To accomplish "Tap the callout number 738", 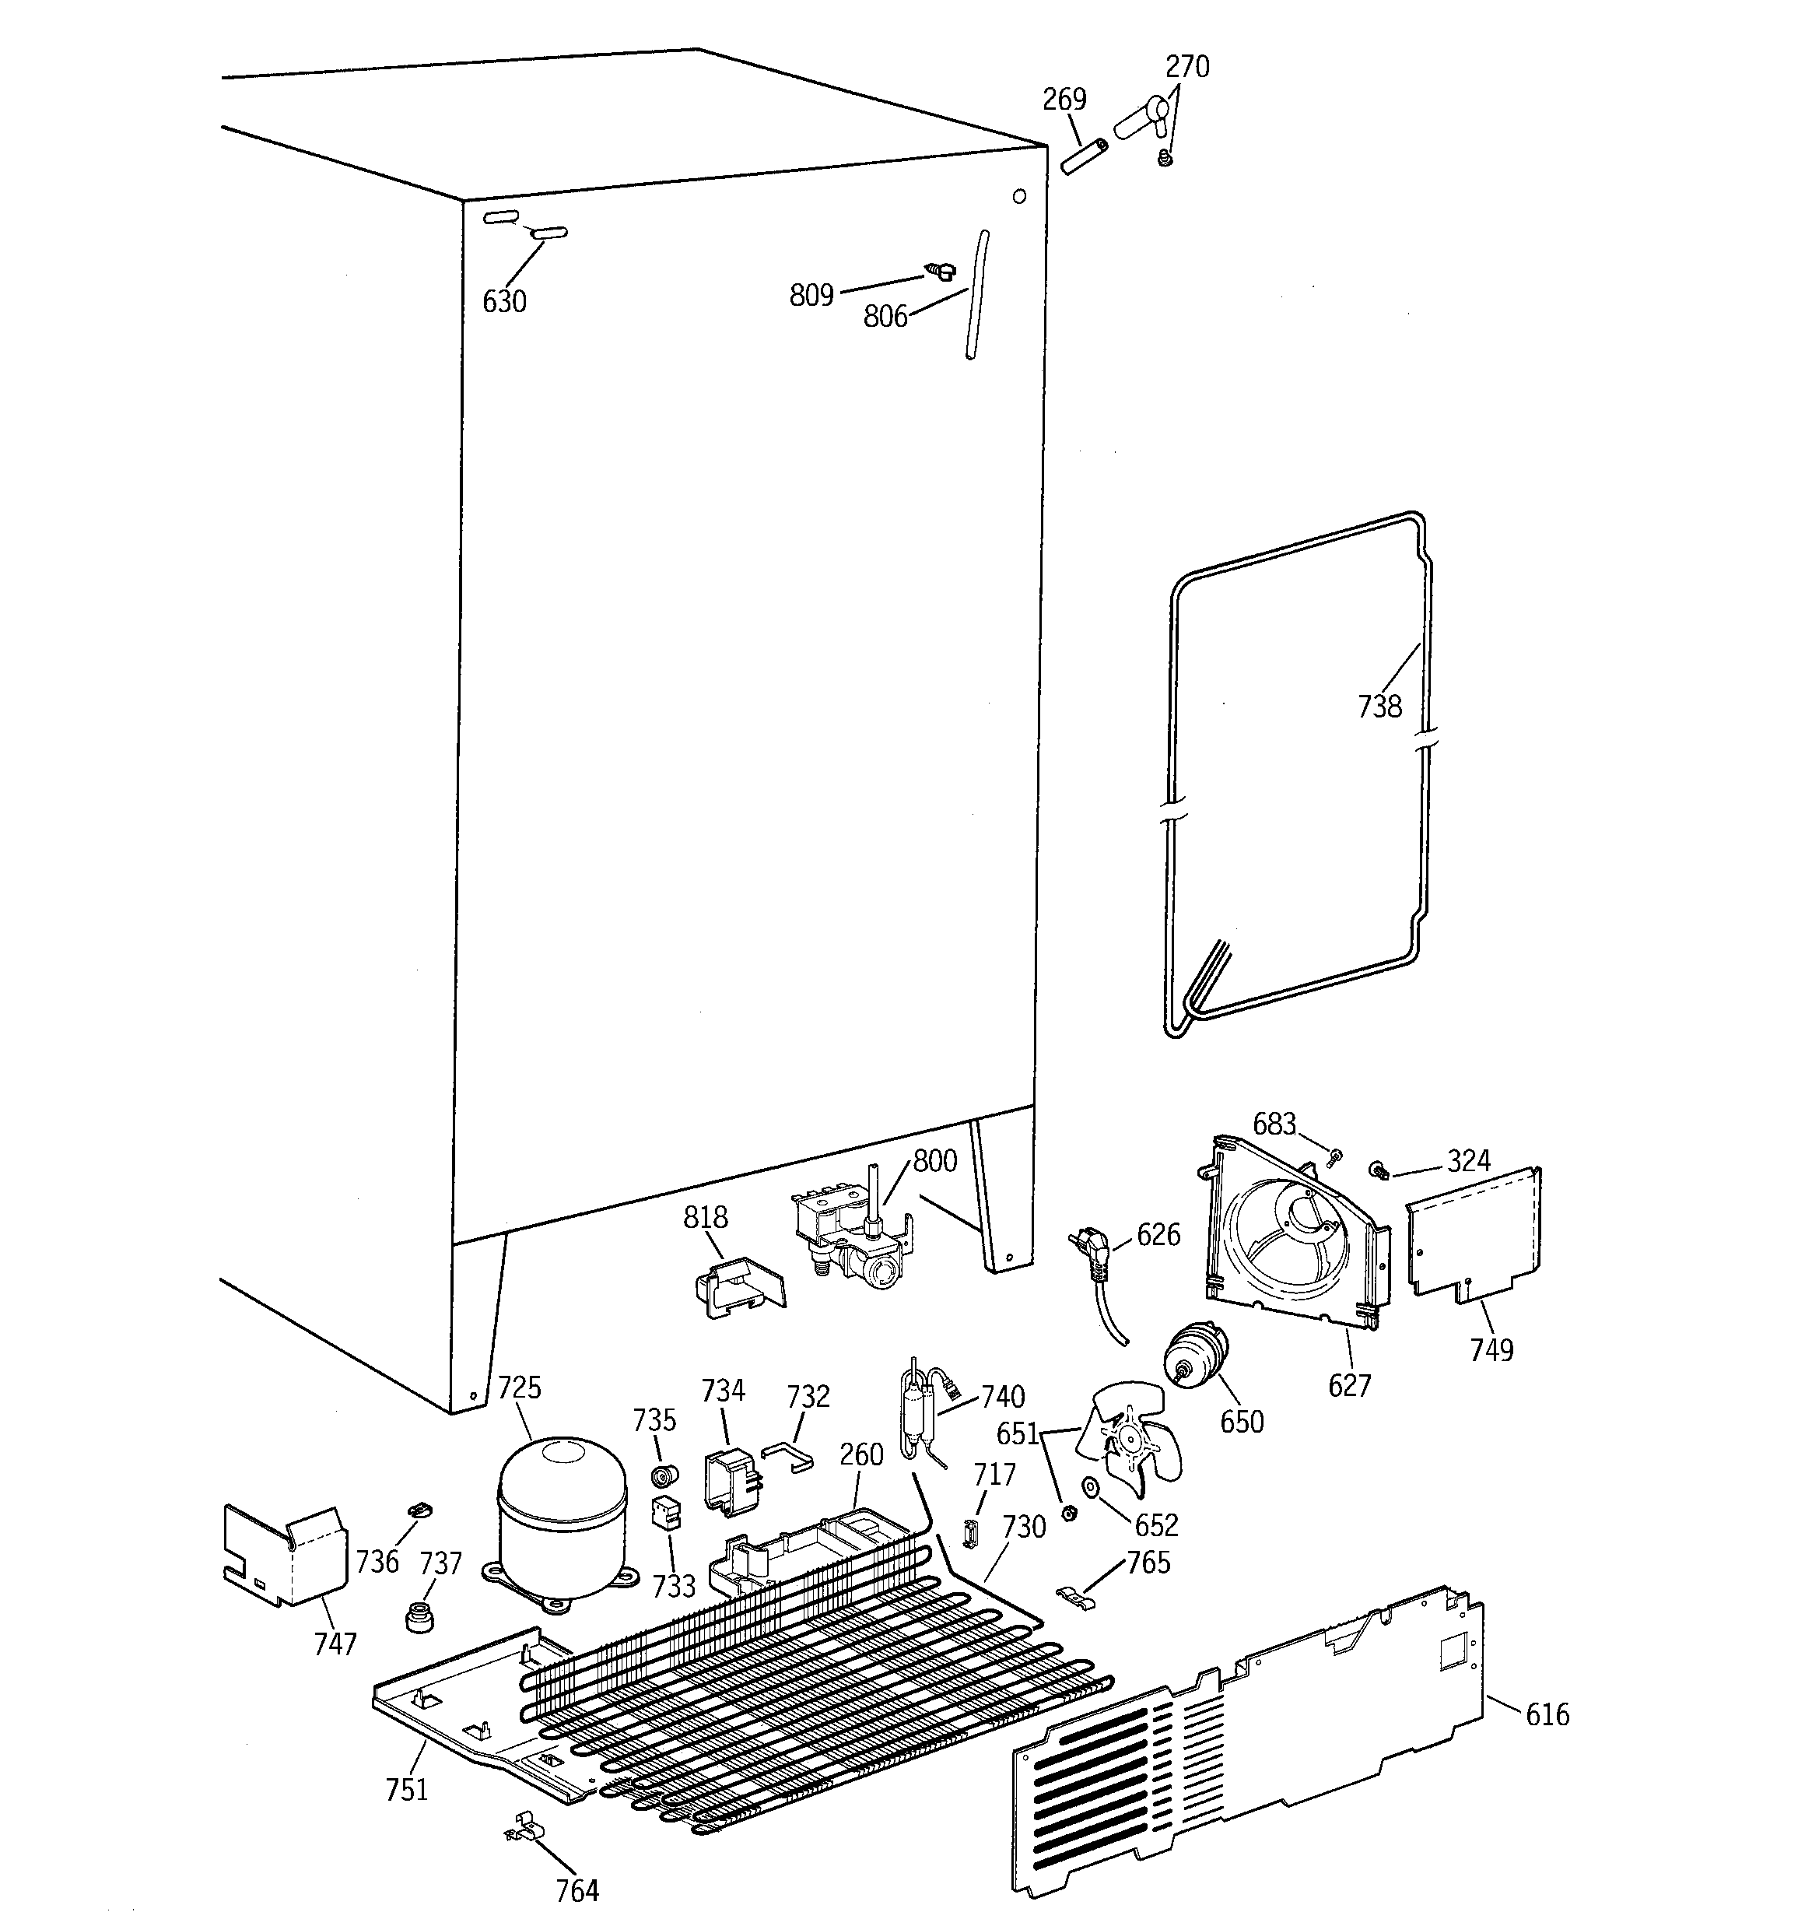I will coord(1379,707).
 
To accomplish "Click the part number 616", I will coord(1547,1715).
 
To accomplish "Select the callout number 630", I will coord(504,301).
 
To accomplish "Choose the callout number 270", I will coord(1186,67).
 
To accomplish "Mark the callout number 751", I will coord(406,1789).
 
